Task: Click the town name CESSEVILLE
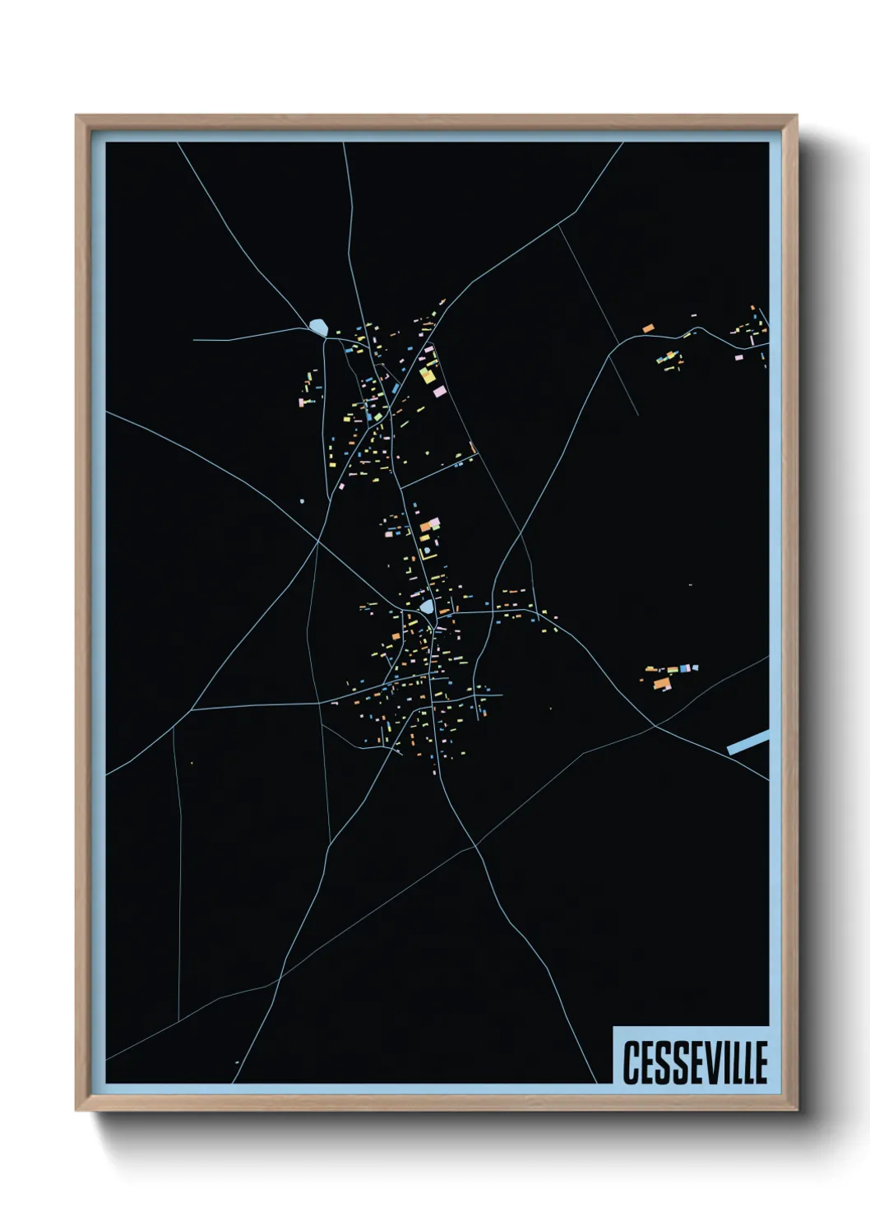[x=695, y=1062]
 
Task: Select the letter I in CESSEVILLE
[x=727, y=1062]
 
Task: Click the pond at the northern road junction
[x=318, y=327]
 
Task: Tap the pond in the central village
[x=427, y=607]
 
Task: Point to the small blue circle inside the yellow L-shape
[x=428, y=550]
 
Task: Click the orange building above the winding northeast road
[x=648, y=328]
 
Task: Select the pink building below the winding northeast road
[x=738, y=357]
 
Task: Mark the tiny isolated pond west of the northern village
[x=303, y=500]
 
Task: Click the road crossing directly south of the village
[x=475, y=846]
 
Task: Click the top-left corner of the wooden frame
[x=76, y=116]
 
